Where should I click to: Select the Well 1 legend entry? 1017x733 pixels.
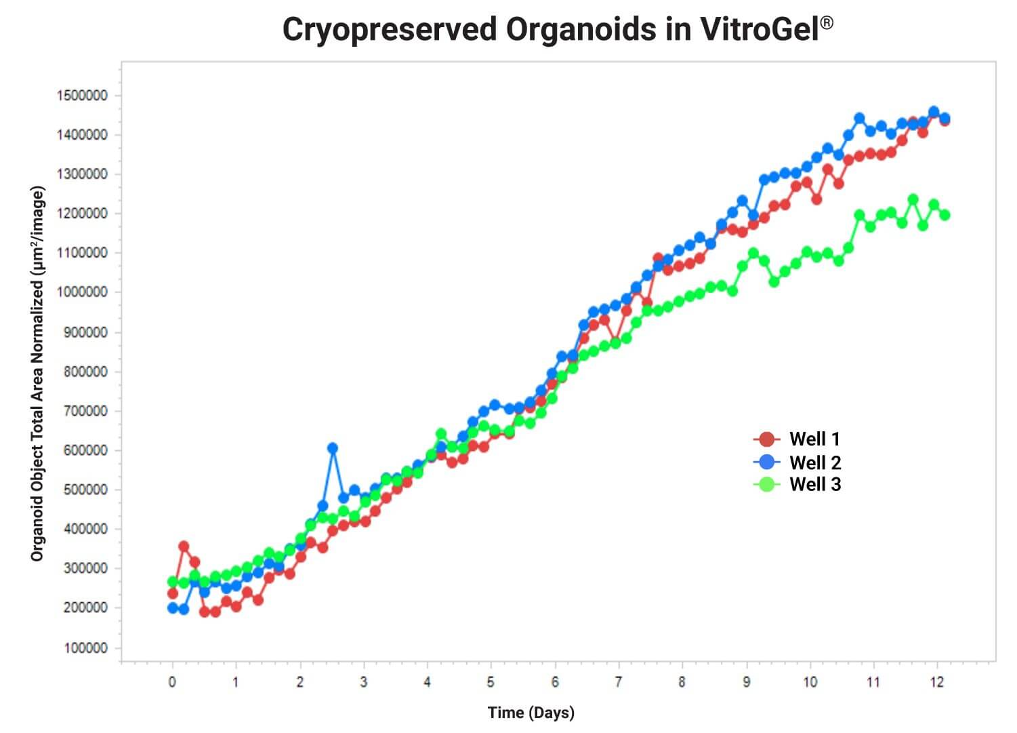797,439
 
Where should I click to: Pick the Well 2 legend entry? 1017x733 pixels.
797,462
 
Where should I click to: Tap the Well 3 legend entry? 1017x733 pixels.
797,484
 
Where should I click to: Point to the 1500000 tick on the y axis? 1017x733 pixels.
82,96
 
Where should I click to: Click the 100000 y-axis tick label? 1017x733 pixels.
86,648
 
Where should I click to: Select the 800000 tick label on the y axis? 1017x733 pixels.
86,372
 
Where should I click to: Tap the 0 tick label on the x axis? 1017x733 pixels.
172,682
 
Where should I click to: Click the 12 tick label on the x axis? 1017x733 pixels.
936,682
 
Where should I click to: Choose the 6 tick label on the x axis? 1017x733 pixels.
555,682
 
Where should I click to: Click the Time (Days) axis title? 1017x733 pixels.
531,713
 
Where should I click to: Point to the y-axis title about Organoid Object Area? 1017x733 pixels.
38,374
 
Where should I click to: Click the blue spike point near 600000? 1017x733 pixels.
333,448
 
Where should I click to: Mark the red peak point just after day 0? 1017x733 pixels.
184,547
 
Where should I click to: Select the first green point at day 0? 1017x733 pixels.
173,581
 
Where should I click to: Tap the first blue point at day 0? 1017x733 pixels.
173,608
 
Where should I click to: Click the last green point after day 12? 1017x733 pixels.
945,216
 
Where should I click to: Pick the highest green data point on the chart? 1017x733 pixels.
913,199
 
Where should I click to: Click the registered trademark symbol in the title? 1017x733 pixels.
827,23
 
